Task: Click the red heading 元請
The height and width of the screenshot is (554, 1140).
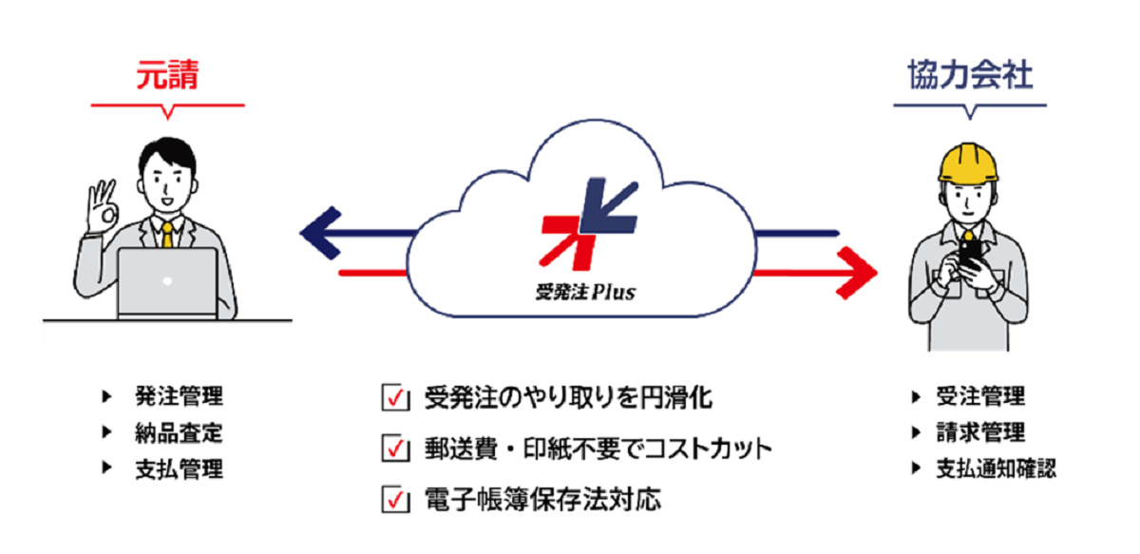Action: pyautogui.click(x=167, y=76)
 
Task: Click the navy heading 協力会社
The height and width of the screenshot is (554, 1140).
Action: pyautogui.click(x=969, y=76)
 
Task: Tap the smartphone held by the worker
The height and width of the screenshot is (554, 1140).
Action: pyautogui.click(x=971, y=254)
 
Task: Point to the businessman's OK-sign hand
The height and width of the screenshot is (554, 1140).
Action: pyautogui.click(x=98, y=205)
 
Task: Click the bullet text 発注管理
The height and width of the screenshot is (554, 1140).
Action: pyautogui.click(x=179, y=397)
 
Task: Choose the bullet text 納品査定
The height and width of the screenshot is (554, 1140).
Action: pyautogui.click(x=179, y=433)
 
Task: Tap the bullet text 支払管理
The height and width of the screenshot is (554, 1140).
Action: pyautogui.click(x=179, y=468)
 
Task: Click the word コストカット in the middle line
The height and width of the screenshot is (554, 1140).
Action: pyautogui.click(x=707, y=449)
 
